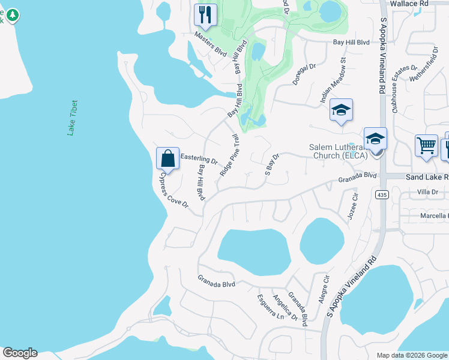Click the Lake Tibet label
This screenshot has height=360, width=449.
tap(73, 118)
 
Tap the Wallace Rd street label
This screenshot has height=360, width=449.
tap(411, 4)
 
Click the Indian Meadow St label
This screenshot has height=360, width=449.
tap(334, 78)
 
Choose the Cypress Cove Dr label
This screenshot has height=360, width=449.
tap(173, 191)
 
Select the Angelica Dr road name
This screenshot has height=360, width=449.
tap(285, 307)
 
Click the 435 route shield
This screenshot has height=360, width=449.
tap(382, 195)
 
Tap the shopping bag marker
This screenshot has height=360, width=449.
tap(168, 158)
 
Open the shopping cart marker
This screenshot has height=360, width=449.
tap(426, 145)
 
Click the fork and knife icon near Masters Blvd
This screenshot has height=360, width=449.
tap(206, 14)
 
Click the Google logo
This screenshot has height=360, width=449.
tap(20, 353)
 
